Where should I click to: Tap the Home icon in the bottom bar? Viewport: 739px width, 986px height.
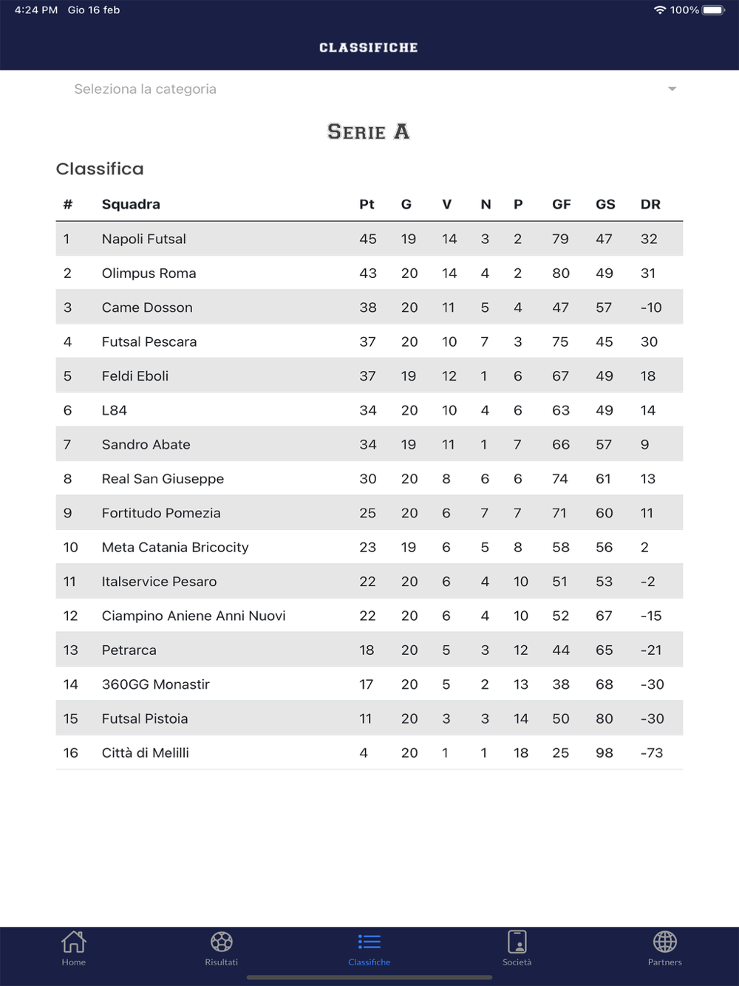(x=74, y=942)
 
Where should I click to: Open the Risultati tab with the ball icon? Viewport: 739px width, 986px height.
(x=222, y=942)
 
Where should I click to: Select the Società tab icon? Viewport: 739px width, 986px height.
(x=517, y=942)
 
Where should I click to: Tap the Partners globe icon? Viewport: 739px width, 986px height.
(x=665, y=942)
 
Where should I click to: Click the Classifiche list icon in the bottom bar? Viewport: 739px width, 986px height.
(x=369, y=942)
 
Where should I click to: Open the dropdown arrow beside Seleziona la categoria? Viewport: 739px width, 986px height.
(x=672, y=89)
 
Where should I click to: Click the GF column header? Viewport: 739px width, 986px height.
(x=562, y=205)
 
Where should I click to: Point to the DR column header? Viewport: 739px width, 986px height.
(x=650, y=205)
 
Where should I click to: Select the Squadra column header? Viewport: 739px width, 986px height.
(x=131, y=205)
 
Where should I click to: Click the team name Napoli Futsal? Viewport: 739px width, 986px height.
(x=144, y=239)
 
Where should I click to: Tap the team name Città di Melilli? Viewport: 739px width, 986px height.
(x=146, y=753)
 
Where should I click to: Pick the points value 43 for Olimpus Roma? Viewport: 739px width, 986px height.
(x=368, y=273)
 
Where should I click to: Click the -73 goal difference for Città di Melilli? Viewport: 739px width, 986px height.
(x=652, y=753)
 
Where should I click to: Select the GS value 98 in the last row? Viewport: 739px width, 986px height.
(x=605, y=753)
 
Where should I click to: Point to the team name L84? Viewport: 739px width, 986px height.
(x=115, y=411)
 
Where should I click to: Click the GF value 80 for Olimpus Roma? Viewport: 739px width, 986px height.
(x=561, y=273)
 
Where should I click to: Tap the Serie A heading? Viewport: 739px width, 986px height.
(x=368, y=132)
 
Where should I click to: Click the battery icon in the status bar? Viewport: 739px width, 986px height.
(x=714, y=10)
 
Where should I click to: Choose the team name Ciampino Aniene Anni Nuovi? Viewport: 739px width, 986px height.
(x=194, y=616)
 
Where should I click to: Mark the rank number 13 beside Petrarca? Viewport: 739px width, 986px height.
(x=71, y=650)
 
